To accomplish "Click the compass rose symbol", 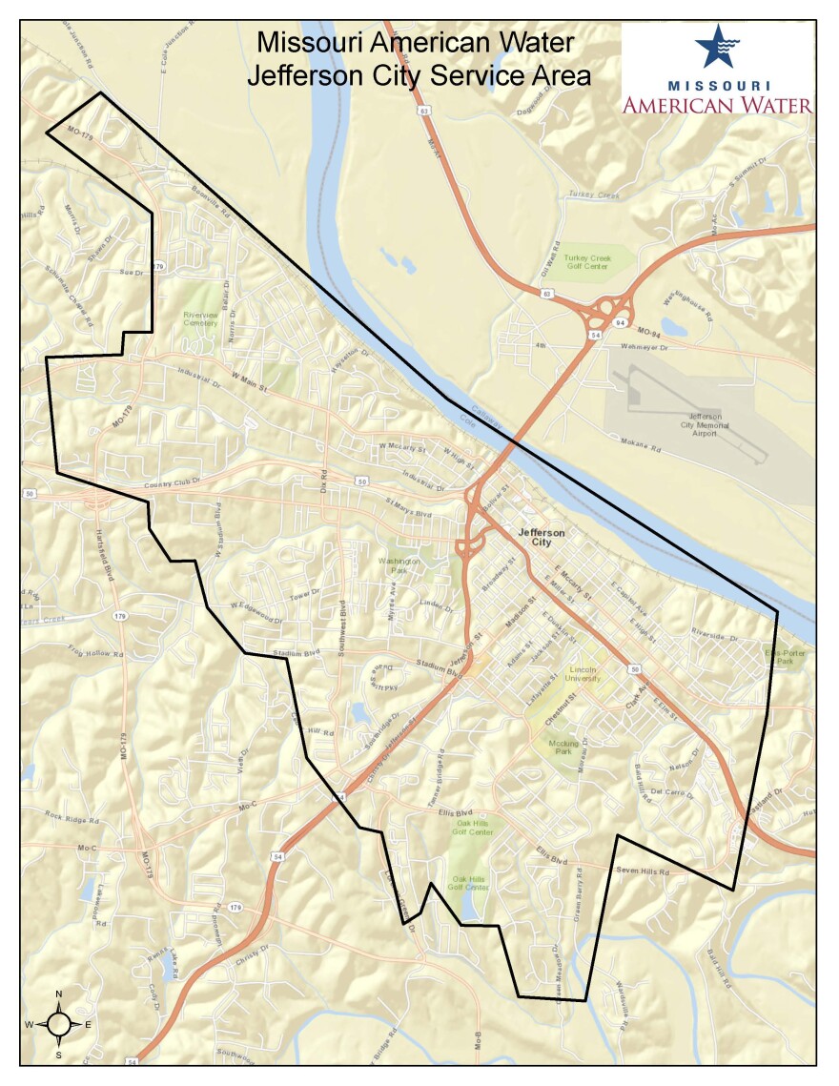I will (x=58, y=1024).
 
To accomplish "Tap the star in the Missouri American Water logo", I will (x=715, y=45).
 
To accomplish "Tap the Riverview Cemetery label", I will (x=201, y=318).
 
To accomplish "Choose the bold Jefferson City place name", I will (x=541, y=537).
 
